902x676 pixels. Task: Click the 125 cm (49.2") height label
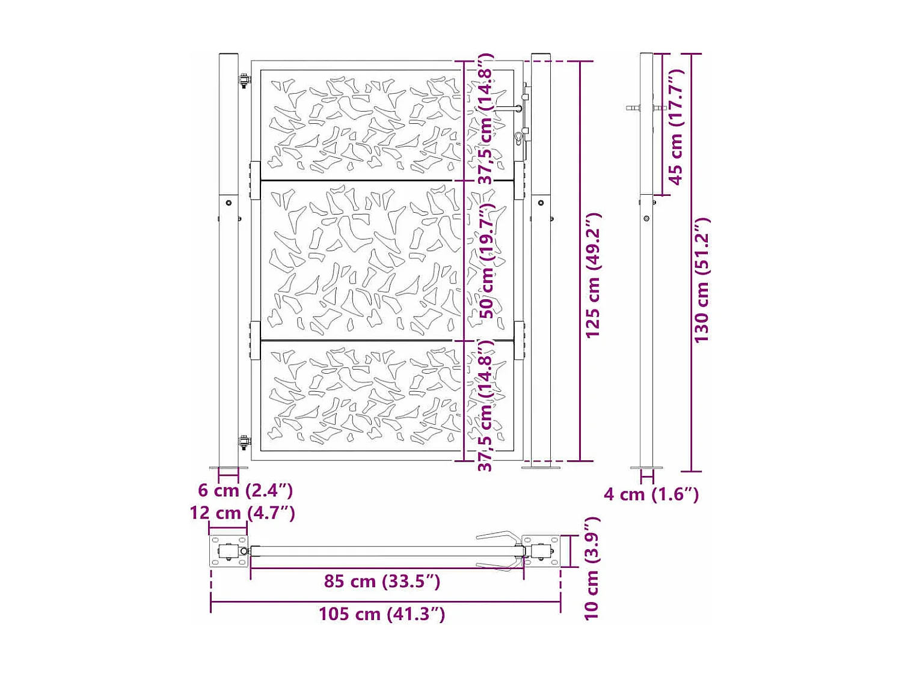593,275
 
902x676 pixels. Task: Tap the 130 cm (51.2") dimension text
702,280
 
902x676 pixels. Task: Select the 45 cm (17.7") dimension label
676,127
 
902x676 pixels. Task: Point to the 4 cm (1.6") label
651,495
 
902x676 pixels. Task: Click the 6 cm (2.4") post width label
245,490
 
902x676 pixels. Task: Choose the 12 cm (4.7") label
242,513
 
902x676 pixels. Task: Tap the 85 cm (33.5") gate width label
382,581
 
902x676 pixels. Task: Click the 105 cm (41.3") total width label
382,614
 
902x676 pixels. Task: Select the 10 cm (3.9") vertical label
592,568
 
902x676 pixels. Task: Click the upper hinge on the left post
244,81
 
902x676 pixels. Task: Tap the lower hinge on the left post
244,443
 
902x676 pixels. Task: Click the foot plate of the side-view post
646,468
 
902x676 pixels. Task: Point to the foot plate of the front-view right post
541,467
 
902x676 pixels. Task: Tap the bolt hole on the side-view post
646,219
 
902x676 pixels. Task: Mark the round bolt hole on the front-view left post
229,203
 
